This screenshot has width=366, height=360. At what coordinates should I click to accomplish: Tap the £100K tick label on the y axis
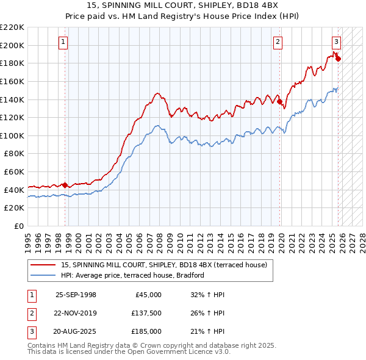click(12, 135)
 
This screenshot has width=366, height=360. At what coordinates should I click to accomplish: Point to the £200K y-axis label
click(12, 45)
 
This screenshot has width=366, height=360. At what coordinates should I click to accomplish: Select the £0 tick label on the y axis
click(18, 226)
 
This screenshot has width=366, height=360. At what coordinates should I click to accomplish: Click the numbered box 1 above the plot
click(63, 42)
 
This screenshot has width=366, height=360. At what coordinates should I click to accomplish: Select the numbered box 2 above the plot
click(278, 42)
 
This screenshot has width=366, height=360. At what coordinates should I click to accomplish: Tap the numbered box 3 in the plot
click(336, 42)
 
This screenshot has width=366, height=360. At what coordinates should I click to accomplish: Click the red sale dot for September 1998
click(65, 184)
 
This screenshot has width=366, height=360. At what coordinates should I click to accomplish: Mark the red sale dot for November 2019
click(280, 102)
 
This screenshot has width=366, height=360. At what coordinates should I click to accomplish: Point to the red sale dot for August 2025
click(338, 59)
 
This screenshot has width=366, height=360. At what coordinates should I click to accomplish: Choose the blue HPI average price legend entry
click(132, 275)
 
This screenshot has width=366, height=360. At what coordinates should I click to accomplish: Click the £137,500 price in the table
click(146, 313)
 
